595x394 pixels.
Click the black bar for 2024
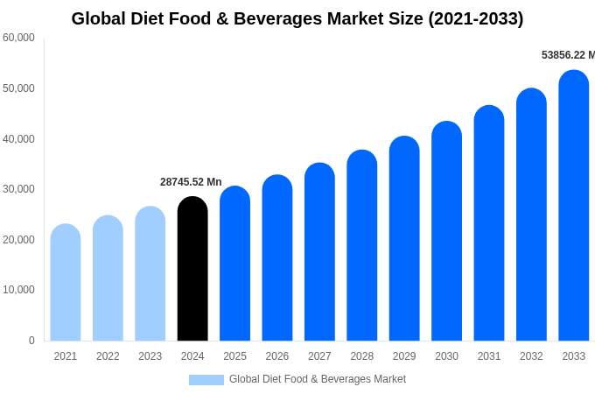coord(192,269)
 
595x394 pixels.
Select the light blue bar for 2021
coord(66,282)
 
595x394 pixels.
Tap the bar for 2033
coord(573,206)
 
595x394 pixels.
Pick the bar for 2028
coord(362,245)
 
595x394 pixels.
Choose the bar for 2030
coord(446,231)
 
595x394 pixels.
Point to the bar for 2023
coord(150,273)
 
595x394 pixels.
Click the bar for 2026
coord(277,258)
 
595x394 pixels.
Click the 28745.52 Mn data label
coord(191,182)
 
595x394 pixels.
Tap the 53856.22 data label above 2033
coord(567,55)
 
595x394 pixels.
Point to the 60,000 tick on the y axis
coord(19,38)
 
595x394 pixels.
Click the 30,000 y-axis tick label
coord(19,189)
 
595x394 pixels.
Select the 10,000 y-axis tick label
coord(19,290)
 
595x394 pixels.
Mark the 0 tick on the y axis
coord(31,341)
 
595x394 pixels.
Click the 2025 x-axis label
coord(234,356)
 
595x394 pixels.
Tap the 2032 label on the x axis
coord(531,356)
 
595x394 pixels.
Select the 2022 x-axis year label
coord(108,356)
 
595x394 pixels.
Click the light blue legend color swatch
coord(206,380)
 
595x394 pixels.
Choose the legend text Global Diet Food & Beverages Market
coord(318,379)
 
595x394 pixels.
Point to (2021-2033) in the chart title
coord(475,18)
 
